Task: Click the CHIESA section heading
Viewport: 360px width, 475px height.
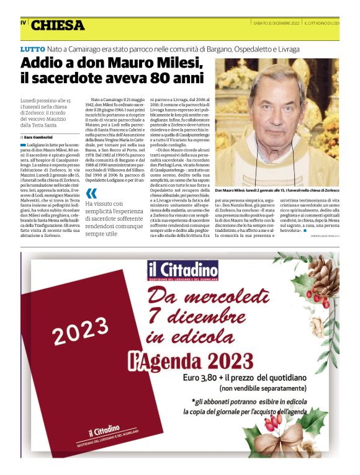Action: click(x=58, y=25)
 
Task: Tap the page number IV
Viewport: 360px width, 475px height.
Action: click(x=24, y=23)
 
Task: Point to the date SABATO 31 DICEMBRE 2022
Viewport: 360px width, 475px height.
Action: click(x=276, y=23)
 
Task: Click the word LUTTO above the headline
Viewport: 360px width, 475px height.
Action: click(x=33, y=48)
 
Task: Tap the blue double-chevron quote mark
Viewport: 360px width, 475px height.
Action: click(x=92, y=193)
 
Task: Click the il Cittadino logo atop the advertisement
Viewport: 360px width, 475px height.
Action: click(x=183, y=270)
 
